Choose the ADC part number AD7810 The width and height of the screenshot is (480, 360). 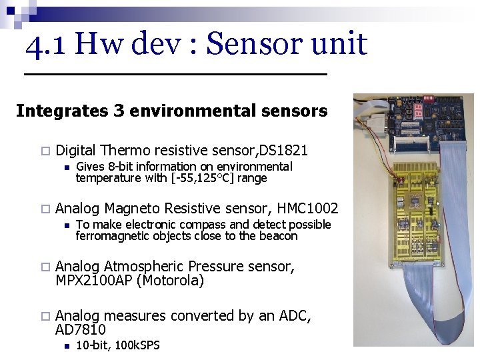[81, 330]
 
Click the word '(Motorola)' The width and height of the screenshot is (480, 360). [170, 281]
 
